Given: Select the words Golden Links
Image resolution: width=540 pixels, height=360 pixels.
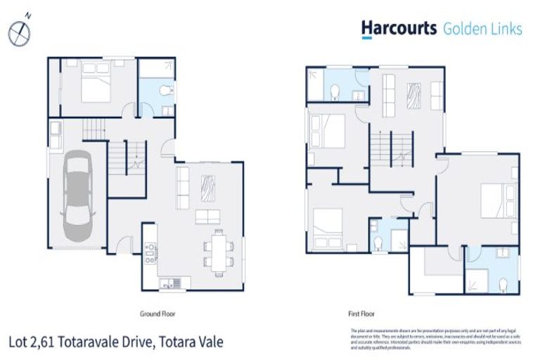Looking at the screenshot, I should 482,29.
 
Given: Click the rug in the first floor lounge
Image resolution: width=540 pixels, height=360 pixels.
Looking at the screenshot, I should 413,94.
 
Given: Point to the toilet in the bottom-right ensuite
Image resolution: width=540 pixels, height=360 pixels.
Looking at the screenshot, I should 503,283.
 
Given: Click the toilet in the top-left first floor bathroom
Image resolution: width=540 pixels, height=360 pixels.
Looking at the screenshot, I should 335,91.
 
